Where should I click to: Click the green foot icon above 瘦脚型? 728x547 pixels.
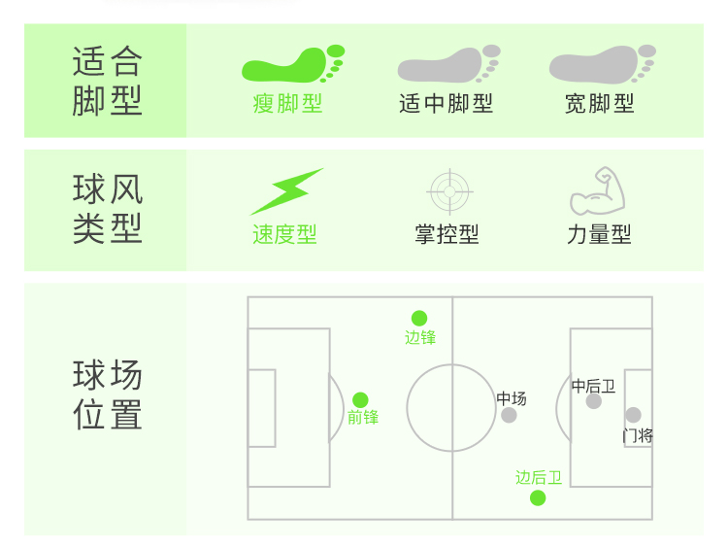[292, 66]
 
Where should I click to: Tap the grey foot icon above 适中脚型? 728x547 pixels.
[447, 66]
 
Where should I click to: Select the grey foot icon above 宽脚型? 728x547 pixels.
[602, 66]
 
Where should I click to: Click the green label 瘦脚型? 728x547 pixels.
[287, 103]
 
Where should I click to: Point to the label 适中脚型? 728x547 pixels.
[446, 103]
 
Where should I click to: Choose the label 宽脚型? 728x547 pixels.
[600, 103]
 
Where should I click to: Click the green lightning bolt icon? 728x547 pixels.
[286, 191]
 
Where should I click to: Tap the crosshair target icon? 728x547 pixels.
[449, 191]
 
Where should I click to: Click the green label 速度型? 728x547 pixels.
[284, 235]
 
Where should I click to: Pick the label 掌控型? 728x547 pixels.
[447, 235]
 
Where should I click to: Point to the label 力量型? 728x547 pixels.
[599, 235]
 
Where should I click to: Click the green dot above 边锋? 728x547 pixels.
[419, 318]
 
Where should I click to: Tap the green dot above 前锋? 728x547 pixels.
[360, 399]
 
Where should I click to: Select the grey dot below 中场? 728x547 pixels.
[510, 416]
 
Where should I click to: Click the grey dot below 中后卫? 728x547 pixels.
[594, 401]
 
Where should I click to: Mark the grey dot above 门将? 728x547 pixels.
[633, 415]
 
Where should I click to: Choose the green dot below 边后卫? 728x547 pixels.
[538, 498]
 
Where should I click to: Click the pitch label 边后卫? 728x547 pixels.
[538, 477]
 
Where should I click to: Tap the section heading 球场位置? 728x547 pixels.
[107, 394]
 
